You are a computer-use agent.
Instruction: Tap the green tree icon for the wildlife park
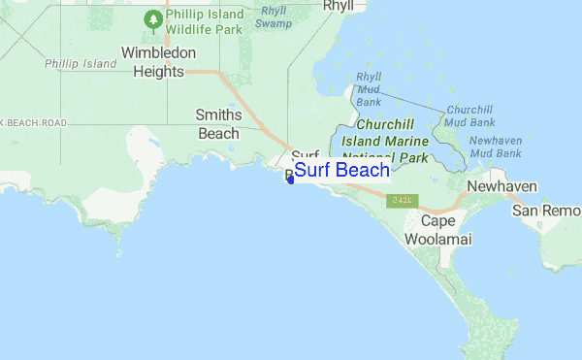[152, 18]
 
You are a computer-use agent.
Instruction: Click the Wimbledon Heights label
[158, 61]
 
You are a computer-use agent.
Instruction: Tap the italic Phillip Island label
[81, 64]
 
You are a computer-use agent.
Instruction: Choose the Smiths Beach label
[218, 123]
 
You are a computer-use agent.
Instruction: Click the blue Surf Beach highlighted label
[341, 172]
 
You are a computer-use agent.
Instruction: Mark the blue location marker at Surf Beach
[290, 178]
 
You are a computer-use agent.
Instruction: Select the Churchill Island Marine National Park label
[392, 141]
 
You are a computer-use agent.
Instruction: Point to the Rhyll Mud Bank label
[369, 88]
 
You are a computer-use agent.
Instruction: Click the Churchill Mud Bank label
[469, 116]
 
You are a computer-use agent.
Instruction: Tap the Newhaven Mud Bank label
[495, 147]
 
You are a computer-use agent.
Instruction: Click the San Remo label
[547, 211]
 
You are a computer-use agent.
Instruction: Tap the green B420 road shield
[397, 200]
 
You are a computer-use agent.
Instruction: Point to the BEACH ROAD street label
[35, 123]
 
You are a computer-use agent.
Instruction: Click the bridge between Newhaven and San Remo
[515, 198]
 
